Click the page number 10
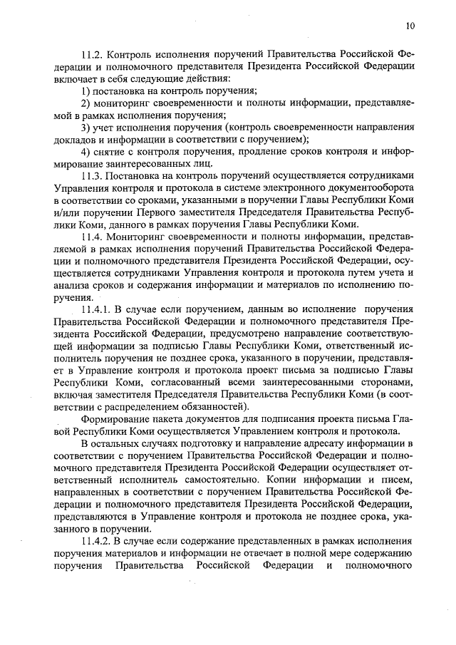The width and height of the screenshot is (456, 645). [x=410, y=26]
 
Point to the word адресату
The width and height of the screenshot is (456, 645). [x=309, y=444]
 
